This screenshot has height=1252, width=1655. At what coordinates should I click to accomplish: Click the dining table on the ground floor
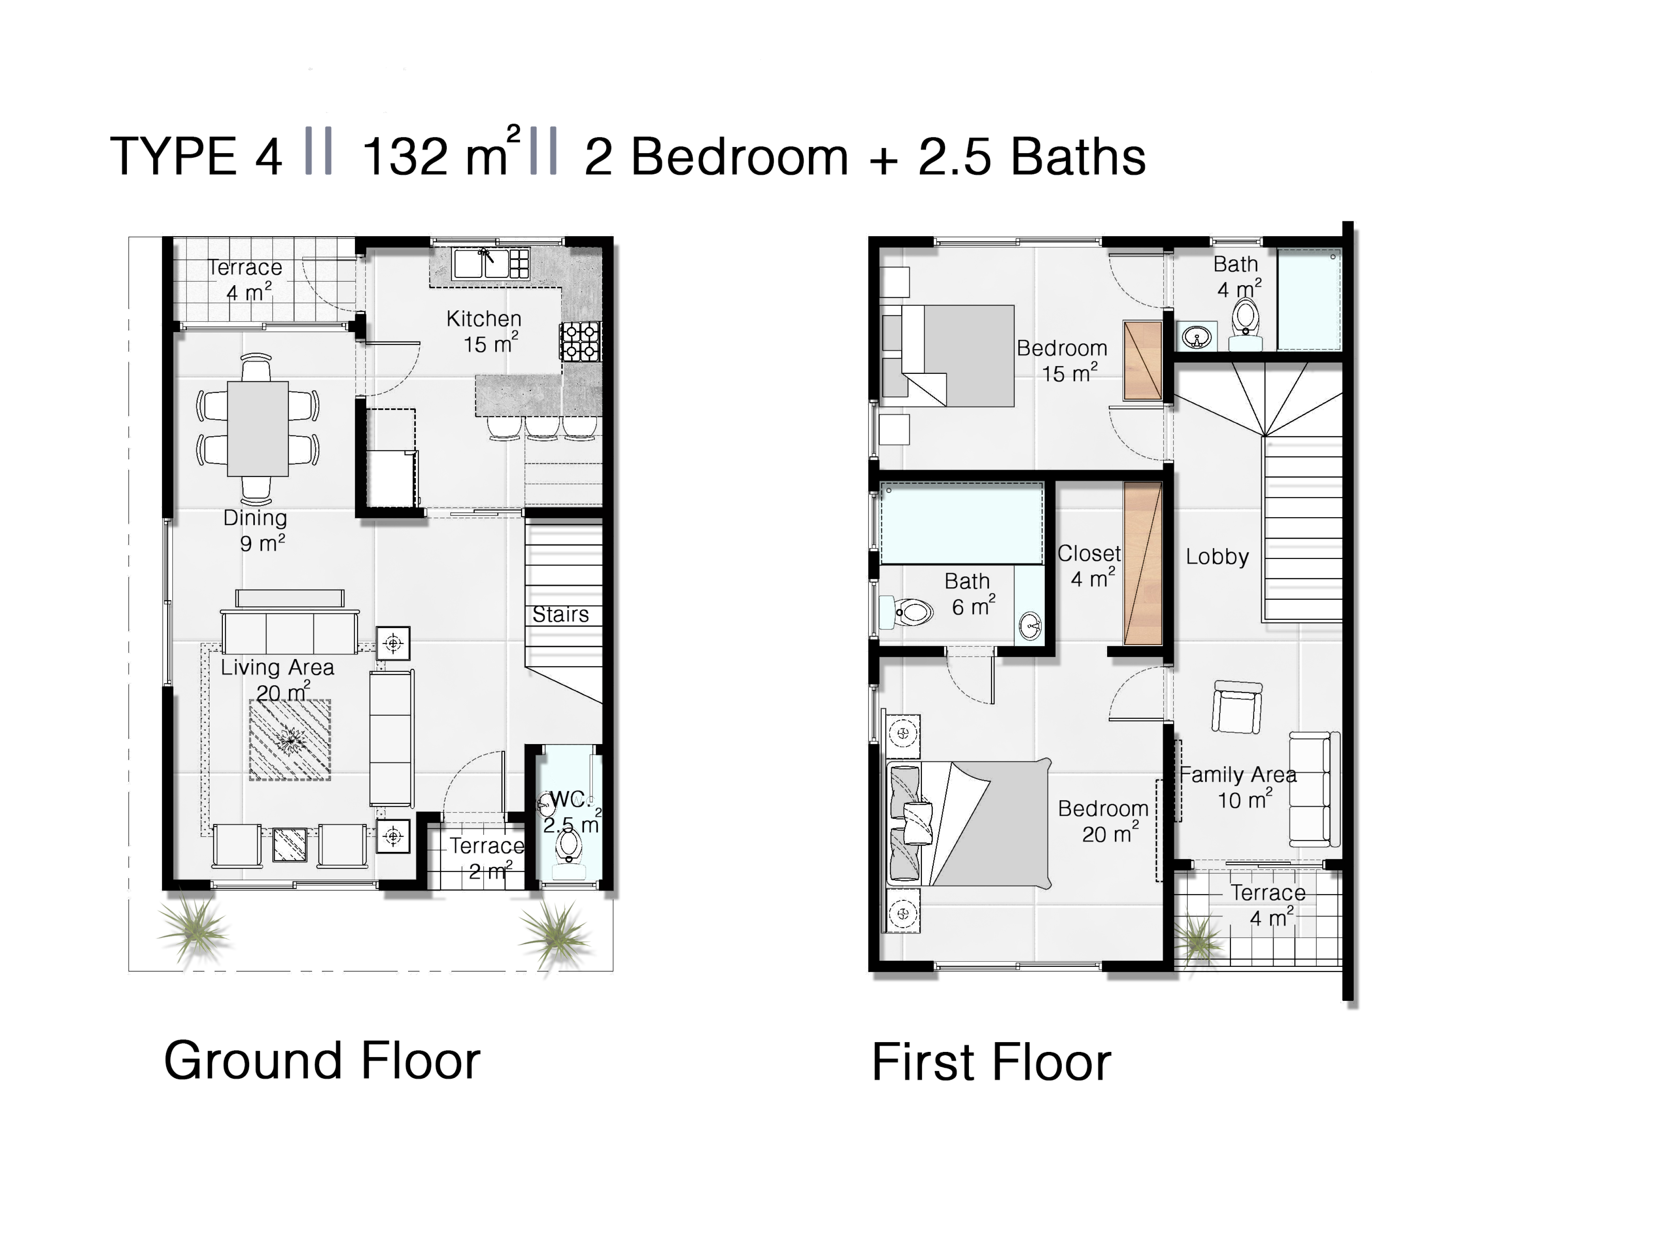tap(257, 429)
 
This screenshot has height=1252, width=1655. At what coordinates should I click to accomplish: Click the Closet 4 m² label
tap(1088, 565)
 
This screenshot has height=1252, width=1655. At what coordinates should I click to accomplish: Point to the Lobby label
tap(1217, 557)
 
